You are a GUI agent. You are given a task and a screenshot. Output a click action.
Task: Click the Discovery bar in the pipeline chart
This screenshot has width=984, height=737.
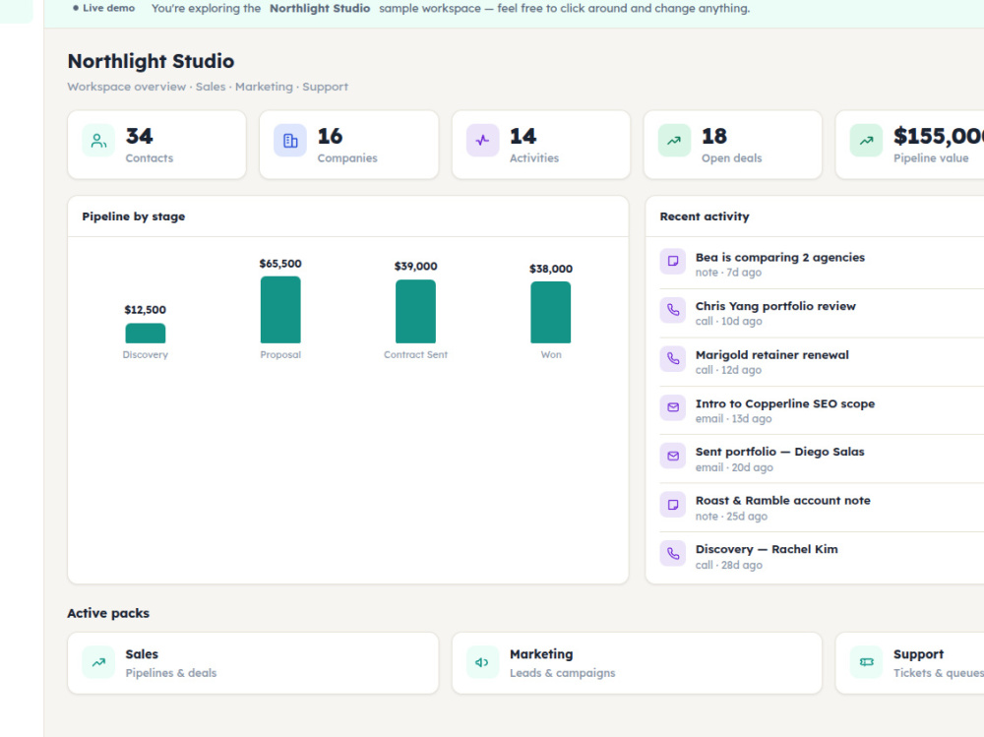(145, 333)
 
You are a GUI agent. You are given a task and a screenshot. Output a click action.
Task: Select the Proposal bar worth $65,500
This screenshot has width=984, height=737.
(280, 310)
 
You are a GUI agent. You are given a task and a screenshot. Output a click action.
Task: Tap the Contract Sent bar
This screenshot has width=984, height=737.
(415, 311)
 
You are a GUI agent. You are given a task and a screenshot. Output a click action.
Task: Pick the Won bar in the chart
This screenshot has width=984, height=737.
(550, 312)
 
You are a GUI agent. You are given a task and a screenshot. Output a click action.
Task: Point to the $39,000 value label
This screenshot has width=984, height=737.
(415, 267)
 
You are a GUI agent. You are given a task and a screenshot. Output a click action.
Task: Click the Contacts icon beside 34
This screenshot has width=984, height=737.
(98, 140)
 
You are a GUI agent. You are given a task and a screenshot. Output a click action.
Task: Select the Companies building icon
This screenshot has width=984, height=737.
(290, 140)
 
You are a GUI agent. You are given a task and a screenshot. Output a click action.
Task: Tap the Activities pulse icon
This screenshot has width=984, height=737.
(482, 140)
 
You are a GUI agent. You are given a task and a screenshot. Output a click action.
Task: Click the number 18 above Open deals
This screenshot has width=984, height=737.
(714, 136)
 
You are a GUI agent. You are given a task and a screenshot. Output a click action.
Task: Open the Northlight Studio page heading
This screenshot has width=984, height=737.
(151, 61)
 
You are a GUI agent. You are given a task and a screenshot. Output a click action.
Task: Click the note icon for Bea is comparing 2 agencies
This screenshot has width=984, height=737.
(673, 261)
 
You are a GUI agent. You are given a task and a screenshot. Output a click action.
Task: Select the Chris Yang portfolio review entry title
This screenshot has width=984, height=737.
(775, 306)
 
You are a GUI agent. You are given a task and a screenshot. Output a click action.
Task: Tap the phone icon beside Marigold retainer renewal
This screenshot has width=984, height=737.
(673, 358)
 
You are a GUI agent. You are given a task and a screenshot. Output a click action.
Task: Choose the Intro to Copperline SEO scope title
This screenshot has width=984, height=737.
(784, 403)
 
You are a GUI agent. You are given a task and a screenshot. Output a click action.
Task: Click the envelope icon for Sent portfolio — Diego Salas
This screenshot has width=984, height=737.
(673, 456)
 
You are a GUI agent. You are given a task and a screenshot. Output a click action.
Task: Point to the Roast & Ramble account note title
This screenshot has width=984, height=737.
(782, 500)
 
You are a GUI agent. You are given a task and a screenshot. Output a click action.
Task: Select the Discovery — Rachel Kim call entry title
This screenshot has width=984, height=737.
(767, 549)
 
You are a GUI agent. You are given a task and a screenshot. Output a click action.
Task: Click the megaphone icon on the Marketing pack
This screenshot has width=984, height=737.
(482, 662)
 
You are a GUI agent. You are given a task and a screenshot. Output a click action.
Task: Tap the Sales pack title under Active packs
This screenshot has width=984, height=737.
(142, 654)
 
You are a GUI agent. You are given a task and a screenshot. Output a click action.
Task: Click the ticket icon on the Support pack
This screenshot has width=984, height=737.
(866, 662)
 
